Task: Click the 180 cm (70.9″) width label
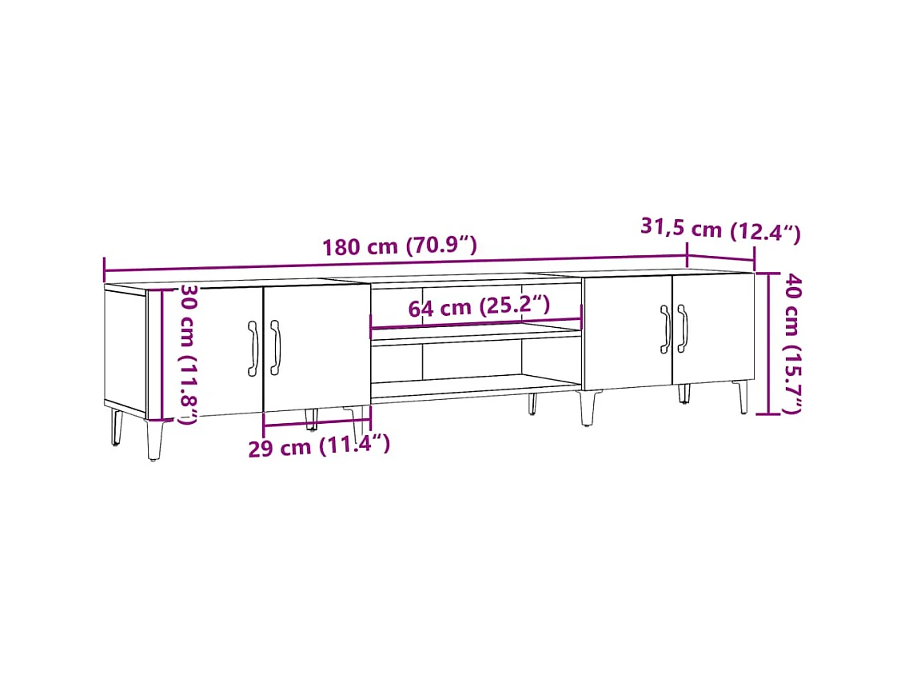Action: (x=400, y=246)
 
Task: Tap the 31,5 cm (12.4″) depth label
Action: (x=720, y=230)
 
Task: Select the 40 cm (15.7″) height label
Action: (x=792, y=344)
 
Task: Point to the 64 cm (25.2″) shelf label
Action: (x=479, y=306)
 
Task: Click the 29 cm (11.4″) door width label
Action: (x=318, y=445)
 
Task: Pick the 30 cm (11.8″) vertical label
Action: (x=188, y=353)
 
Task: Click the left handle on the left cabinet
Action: (x=253, y=348)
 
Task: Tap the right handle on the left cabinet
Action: (x=275, y=348)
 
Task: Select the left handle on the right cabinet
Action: (x=664, y=328)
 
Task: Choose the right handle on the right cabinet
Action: (x=682, y=328)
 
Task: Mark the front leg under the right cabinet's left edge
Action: (x=588, y=408)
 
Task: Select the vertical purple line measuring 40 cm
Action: (x=768, y=344)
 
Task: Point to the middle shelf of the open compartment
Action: (x=476, y=336)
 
